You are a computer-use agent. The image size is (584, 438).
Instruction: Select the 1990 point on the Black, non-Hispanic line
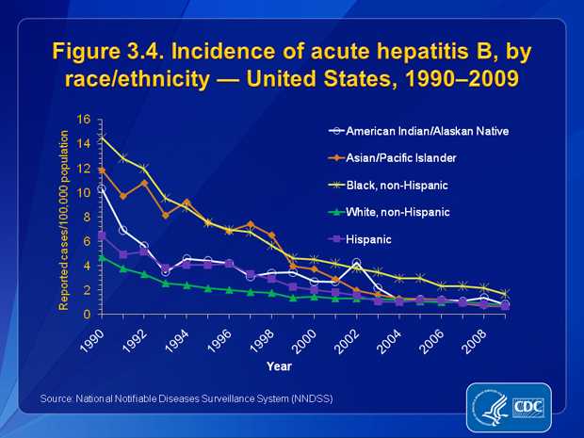point(102,138)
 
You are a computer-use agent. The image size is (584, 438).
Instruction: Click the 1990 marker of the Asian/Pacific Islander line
point(102,170)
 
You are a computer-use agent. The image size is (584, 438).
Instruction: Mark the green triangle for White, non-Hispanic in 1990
point(102,257)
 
